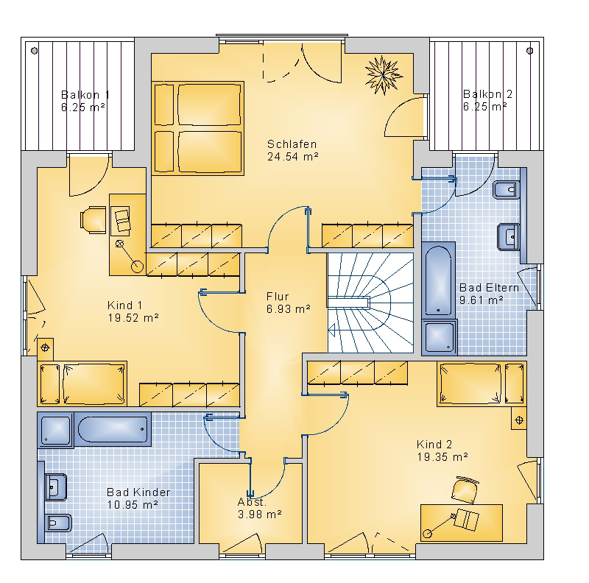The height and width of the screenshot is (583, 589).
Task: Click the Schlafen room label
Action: click(x=292, y=144)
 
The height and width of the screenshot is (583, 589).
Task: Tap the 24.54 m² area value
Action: click(x=292, y=157)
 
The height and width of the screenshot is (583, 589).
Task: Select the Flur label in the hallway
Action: click(x=278, y=297)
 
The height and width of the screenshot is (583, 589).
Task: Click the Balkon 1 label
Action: click(x=85, y=94)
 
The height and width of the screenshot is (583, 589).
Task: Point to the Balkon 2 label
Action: click(x=487, y=93)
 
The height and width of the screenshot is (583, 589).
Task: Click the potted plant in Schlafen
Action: click(x=383, y=75)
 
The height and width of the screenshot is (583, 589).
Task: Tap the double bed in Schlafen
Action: click(x=198, y=128)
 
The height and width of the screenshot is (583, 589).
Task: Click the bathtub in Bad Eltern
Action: click(x=438, y=280)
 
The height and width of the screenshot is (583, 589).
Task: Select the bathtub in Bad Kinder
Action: click(x=113, y=429)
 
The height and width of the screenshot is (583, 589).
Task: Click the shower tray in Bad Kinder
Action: click(x=56, y=429)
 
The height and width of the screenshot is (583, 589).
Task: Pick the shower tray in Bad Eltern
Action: click(x=439, y=337)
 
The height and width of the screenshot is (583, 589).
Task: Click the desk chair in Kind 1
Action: click(x=93, y=219)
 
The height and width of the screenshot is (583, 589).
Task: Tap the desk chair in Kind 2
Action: click(x=465, y=490)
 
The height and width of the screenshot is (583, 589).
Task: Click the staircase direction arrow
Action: click(x=332, y=331)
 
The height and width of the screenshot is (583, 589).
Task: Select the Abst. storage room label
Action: click(x=252, y=502)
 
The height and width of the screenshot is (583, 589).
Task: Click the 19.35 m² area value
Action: click(x=442, y=457)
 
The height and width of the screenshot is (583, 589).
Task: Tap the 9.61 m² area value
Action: click(x=482, y=300)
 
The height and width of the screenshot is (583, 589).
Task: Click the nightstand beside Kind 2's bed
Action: click(x=519, y=420)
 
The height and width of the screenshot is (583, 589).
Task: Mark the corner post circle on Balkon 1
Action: click(x=34, y=51)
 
